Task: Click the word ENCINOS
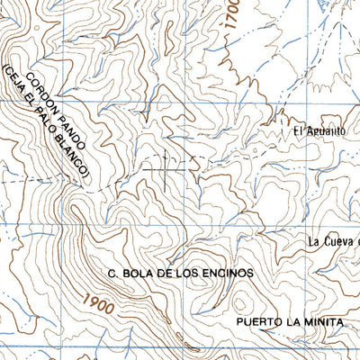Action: [x=229, y=271]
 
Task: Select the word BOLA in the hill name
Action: [x=138, y=271]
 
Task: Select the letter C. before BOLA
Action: [x=112, y=271]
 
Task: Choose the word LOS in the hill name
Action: [x=192, y=271]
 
